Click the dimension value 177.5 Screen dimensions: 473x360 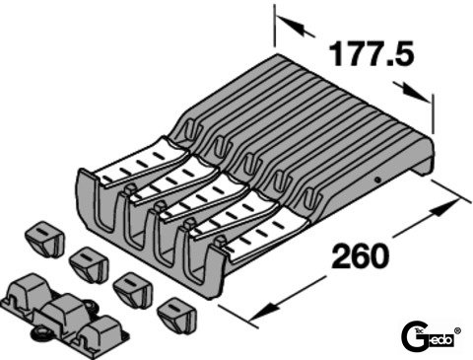372,53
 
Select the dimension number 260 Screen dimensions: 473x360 361,255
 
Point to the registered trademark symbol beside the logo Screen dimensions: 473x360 457,330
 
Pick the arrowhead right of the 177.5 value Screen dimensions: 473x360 413,92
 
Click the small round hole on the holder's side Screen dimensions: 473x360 378,180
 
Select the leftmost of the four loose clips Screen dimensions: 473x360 44,239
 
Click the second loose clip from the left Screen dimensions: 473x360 89,265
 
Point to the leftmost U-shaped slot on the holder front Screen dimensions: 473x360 106,210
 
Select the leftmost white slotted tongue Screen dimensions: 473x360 141,164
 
